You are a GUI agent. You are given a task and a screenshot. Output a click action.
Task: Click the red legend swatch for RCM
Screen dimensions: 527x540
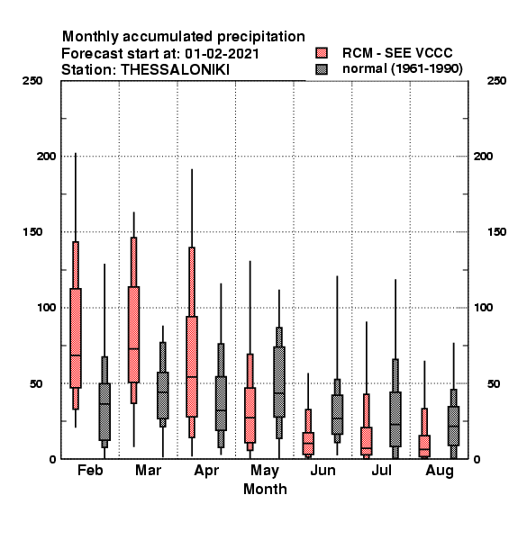[322, 53]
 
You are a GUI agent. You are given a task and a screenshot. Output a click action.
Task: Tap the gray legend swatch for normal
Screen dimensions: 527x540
[322, 69]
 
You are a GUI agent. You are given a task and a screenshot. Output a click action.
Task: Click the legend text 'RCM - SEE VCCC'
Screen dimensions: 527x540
[397, 53]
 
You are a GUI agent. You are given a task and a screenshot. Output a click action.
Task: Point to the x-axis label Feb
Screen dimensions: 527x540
[90, 470]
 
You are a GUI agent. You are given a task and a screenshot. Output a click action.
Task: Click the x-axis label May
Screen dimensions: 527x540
[265, 471]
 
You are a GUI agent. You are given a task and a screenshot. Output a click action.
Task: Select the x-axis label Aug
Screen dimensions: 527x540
[440, 471]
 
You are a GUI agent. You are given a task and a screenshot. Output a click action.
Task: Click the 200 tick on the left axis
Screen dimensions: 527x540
[46, 156]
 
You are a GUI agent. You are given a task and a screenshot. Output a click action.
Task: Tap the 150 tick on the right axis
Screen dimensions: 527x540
[496, 232]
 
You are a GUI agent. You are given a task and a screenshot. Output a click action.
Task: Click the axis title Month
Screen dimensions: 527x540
[265, 489]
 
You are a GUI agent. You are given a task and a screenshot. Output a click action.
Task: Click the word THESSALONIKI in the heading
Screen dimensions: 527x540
[175, 70]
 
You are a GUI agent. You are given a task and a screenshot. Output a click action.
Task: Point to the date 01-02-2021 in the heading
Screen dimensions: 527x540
[222, 54]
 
